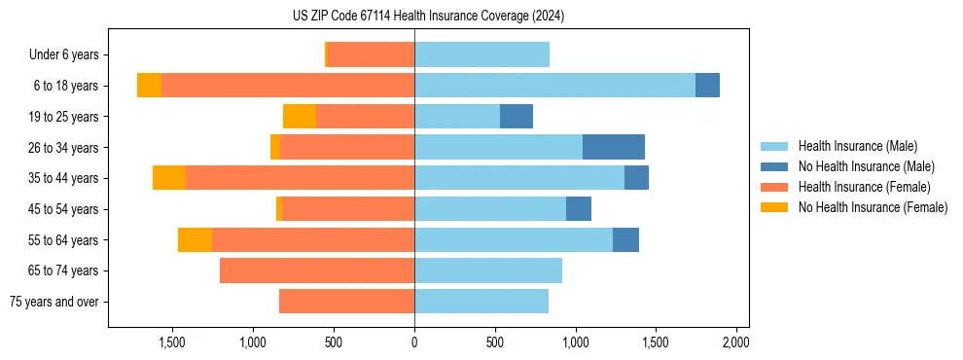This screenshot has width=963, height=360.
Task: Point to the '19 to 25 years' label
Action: pos(63,117)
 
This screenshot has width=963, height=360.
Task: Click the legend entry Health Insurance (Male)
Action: pos(857,146)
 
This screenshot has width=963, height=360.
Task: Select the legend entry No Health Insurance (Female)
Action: pos(873,207)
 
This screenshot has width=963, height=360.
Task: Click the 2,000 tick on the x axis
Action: pos(736,342)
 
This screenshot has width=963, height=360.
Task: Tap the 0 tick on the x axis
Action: pos(414,342)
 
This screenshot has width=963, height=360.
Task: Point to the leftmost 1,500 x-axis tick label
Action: pos(172,342)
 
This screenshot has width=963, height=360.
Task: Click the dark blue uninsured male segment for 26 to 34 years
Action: pos(614,147)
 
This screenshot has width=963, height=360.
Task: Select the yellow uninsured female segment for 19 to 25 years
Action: pos(300,117)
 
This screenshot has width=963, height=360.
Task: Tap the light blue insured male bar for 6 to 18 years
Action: pos(554,86)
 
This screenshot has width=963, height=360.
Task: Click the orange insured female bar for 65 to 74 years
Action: pos(317,270)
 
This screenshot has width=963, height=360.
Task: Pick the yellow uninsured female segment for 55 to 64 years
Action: pos(195,239)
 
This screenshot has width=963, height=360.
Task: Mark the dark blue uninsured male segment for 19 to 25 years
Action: pos(517,117)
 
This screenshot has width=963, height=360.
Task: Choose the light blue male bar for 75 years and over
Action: pos(481,302)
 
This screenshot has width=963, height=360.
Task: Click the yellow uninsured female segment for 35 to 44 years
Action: pos(169,178)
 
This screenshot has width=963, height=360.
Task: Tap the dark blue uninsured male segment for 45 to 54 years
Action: pos(579,209)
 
